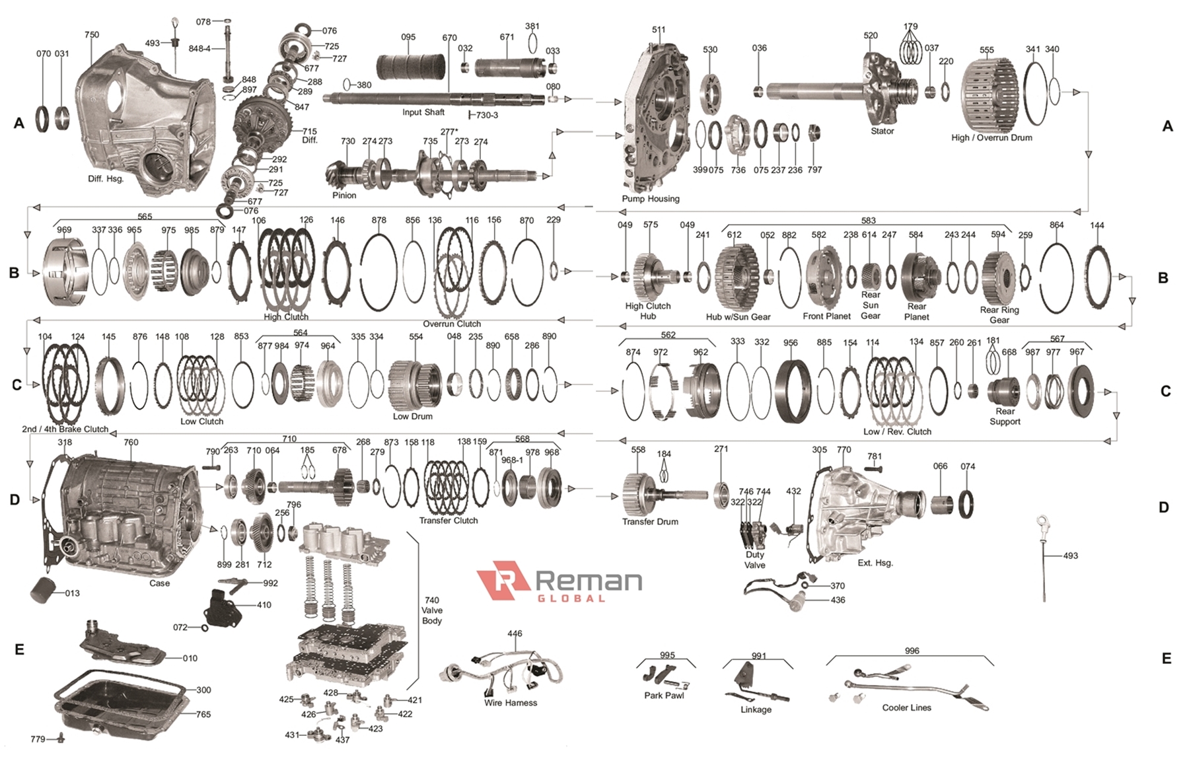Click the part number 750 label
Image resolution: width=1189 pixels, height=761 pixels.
coord(92,35)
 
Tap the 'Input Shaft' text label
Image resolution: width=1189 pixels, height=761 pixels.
coord(423,112)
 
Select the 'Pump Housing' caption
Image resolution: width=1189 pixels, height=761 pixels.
coord(650,198)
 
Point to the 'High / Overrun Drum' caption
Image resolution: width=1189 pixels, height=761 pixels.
coord(991,137)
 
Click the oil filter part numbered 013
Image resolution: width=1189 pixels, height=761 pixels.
coord(45,589)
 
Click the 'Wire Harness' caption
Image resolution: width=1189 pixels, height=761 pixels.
coord(510,702)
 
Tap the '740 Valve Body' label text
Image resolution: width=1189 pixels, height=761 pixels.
coord(432,610)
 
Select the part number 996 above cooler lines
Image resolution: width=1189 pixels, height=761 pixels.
coord(912,651)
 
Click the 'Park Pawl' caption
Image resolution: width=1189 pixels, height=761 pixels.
coord(664,695)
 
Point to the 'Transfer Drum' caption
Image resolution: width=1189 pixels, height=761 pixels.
coord(650,521)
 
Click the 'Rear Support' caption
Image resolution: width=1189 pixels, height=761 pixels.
coord(1005,416)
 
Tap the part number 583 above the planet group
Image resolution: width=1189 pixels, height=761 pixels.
coord(868,221)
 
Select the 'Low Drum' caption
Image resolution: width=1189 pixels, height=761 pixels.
coord(412,416)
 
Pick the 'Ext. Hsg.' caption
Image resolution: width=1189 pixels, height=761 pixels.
coord(875,563)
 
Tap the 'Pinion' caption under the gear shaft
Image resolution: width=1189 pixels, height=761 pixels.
coord(344,196)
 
